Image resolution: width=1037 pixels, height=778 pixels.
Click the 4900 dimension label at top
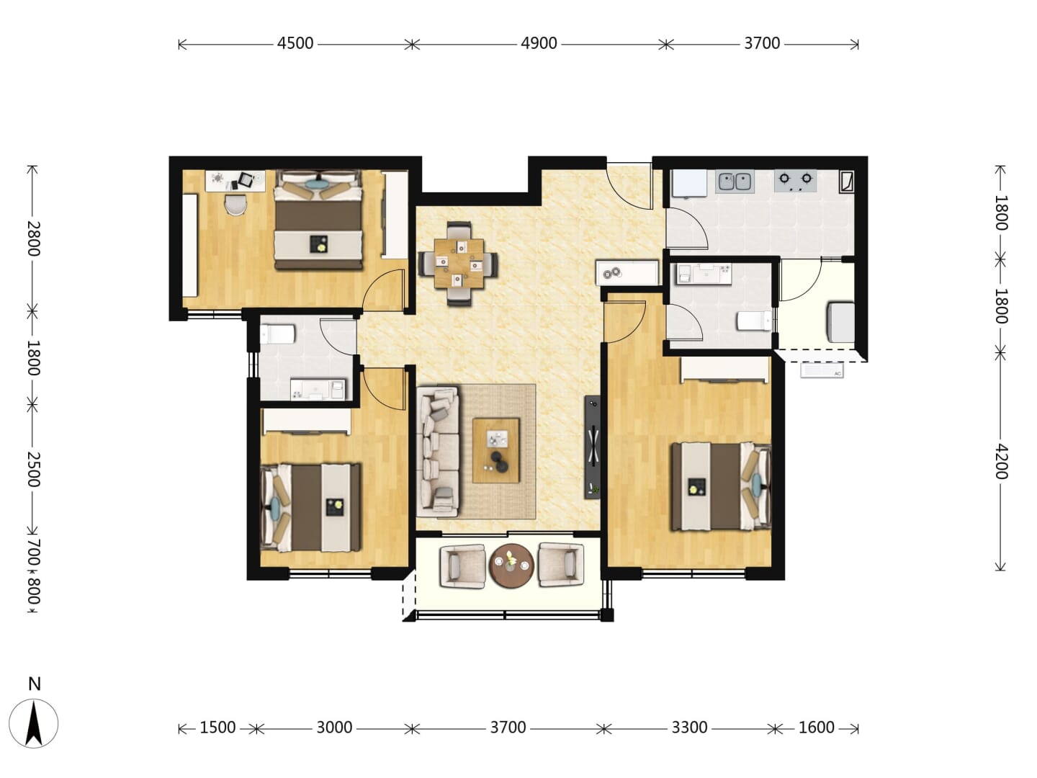(x=539, y=43)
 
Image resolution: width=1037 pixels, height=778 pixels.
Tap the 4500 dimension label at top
(x=295, y=43)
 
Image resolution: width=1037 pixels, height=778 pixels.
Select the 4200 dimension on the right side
(x=1000, y=462)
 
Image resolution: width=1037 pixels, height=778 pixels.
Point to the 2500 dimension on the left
(x=33, y=469)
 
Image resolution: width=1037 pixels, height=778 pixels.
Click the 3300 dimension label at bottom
(x=689, y=728)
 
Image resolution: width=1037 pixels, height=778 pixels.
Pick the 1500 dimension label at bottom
(x=217, y=728)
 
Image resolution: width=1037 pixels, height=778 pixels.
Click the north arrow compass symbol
(x=34, y=723)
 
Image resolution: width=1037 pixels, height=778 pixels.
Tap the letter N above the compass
(x=35, y=684)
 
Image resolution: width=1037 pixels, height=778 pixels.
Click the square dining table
(x=459, y=263)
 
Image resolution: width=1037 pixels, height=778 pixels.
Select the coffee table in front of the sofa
(x=495, y=450)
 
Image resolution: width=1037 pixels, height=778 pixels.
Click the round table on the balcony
(x=511, y=565)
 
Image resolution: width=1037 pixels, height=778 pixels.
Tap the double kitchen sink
(x=734, y=182)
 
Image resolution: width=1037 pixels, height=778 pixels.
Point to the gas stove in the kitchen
(x=795, y=180)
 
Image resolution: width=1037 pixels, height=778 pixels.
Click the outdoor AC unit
(x=822, y=370)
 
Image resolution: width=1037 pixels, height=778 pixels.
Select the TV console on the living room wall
(x=593, y=447)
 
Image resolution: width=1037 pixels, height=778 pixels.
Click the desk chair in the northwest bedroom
(x=235, y=205)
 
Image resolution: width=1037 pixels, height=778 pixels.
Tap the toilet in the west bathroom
(x=278, y=334)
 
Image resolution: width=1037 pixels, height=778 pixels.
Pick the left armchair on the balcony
(x=462, y=566)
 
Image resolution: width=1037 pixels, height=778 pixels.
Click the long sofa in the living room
(x=438, y=452)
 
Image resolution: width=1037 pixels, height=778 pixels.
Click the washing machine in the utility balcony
(x=840, y=323)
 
